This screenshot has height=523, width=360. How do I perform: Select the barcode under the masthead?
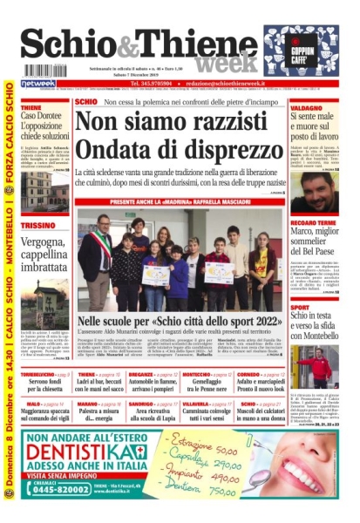coord(45,70)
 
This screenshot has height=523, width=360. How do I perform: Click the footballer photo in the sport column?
coord(314,366)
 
